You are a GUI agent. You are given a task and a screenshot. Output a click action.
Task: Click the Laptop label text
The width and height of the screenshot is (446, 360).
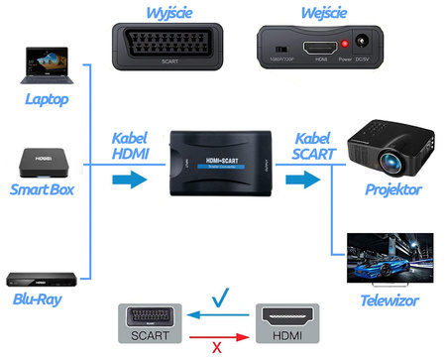(39, 100)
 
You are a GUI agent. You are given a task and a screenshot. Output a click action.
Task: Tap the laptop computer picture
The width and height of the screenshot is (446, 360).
(38, 63)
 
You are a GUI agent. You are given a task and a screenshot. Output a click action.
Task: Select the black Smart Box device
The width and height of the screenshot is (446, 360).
(37, 160)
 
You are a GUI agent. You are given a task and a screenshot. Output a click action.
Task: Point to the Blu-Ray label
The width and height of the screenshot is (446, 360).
(39, 299)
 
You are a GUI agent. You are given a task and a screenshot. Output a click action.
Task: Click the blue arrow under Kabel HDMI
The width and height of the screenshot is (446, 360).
(124, 180)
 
